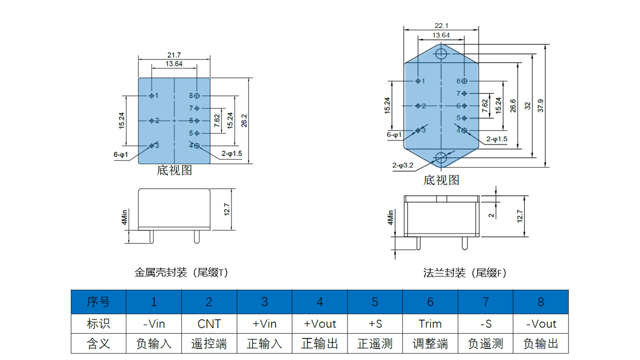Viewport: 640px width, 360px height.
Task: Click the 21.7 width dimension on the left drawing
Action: tap(174, 55)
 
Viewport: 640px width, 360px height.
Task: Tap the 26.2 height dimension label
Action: tap(243, 120)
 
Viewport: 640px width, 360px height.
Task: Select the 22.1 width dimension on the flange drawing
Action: tap(441, 25)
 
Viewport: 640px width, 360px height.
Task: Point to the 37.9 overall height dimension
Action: tap(540, 105)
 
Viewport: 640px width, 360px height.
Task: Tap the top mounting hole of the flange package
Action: tap(441, 53)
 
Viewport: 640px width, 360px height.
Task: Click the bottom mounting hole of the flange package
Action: tap(441, 158)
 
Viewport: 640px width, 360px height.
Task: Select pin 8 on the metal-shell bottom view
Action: tap(197, 95)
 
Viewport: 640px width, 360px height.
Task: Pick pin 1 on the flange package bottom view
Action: tap(418, 81)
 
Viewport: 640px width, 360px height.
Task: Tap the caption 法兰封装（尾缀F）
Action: tap(465, 273)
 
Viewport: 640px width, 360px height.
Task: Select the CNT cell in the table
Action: tap(209, 323)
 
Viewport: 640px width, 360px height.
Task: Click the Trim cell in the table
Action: tap(430, 323)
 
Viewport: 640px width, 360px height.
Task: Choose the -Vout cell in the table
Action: tap(541, 323)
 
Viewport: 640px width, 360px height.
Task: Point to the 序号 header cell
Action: tap(98, 301)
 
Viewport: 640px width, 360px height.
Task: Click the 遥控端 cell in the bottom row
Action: tap(209, 344)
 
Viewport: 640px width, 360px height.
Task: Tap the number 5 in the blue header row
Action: tap(375, 302)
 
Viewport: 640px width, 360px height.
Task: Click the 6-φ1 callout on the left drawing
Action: tap(120, 155)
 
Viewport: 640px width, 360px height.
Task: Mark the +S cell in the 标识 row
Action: tap(375, 323)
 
